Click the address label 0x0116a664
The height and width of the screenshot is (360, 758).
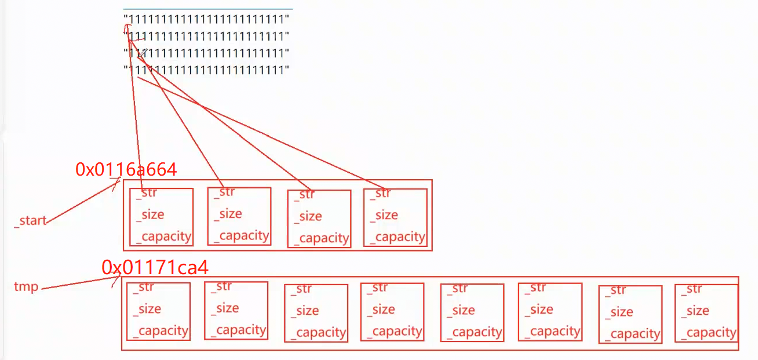pos(126,169)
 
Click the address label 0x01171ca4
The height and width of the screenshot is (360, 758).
pos(155,267)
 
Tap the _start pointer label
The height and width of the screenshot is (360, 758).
pos(30,221)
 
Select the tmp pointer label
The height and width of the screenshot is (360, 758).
pos(26,287)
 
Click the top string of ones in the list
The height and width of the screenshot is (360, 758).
pos(206,19)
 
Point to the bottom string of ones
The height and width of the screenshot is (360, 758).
pos(206,70)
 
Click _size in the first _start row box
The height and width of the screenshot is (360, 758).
pos(151,214)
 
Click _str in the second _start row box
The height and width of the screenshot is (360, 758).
pos(225,192)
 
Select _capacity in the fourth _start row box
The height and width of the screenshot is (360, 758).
pos(398,237)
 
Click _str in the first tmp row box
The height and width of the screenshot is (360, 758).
pos(144,288)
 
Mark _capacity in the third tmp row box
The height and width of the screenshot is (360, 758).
pos(318,333)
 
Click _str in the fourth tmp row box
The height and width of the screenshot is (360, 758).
pos(379,288)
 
